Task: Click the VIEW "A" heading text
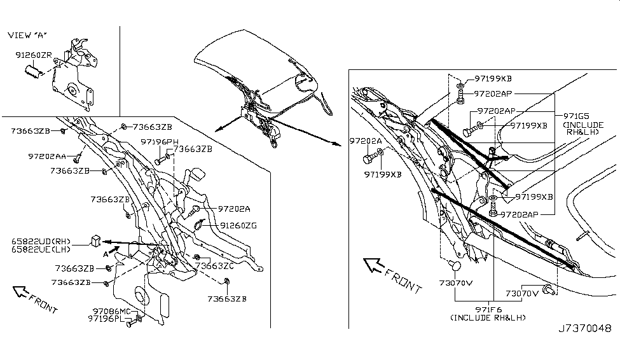click(27, 35)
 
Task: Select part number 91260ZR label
click(34, 55)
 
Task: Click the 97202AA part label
click(47, 156)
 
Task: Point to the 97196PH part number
click(160, 142)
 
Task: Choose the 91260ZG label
click(238, 226)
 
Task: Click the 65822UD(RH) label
click(41, 241)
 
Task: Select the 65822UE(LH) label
click(41, 249)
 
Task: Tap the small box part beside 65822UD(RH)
click(95, 240)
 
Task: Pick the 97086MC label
click(111, 311)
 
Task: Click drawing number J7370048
click(585, 328)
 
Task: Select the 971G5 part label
click(577, 116)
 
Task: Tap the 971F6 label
click(489, 310)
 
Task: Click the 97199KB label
click(493, 78)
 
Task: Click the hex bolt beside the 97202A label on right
click(369, 158)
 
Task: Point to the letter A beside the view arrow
click(106, 254)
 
